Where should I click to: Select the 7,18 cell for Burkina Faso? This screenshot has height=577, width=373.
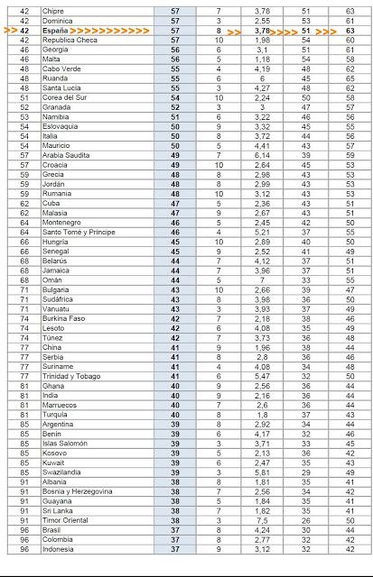click(x=263, y=318)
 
